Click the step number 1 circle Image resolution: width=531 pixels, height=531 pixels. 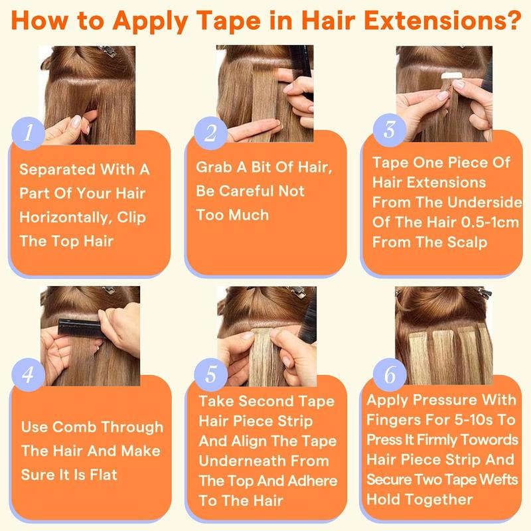click(x=27, y=132)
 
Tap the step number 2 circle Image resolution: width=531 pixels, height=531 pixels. click(x=210, y=132)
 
